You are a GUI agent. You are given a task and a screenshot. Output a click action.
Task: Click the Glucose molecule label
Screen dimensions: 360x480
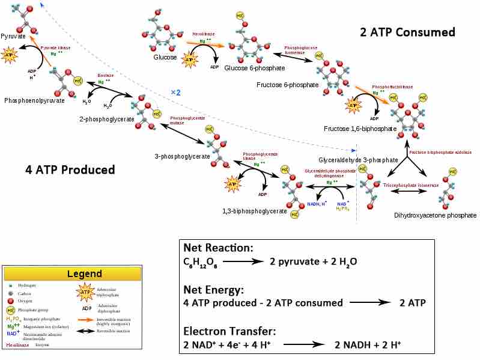[165, 57]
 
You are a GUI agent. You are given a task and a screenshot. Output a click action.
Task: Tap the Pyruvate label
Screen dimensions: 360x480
[13, 36]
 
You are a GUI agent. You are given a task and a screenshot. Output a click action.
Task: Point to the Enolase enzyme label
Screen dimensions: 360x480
[105, 76]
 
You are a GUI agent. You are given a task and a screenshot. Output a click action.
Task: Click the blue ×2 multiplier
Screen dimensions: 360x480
[175, 93]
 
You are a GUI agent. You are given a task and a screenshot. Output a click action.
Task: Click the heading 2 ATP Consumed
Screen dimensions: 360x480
[407, 32]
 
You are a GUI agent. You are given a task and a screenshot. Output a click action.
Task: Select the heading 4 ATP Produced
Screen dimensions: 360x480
[70, 170]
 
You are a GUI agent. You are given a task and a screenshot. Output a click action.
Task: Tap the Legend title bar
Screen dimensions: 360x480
[72, 274]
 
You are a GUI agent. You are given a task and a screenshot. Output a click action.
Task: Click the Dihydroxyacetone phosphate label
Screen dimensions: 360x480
[435, 215]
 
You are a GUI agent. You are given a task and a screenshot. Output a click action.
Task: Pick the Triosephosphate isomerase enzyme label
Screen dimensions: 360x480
[411, 186]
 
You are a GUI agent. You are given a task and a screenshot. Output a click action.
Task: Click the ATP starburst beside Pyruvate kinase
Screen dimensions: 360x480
[10, 56]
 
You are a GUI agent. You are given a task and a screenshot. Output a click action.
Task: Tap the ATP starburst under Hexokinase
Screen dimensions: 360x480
[190, 59]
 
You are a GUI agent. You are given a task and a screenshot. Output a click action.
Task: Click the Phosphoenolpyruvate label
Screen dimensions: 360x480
[34, 100]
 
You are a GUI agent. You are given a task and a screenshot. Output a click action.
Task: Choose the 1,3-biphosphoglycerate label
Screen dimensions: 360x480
[254, 211]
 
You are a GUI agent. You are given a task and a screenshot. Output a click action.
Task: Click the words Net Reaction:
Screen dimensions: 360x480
[218, 248]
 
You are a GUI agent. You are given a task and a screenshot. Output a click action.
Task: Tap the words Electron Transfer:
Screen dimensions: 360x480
[229, 331]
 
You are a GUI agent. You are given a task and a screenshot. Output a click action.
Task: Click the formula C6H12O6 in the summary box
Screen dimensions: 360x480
[201, 263]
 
